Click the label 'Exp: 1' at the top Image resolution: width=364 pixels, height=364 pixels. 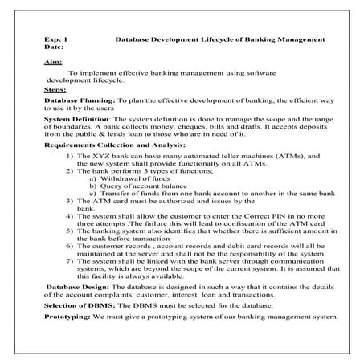click(x=56, y=39)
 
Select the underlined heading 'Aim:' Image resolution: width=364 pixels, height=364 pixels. click(x=51, y=63)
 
